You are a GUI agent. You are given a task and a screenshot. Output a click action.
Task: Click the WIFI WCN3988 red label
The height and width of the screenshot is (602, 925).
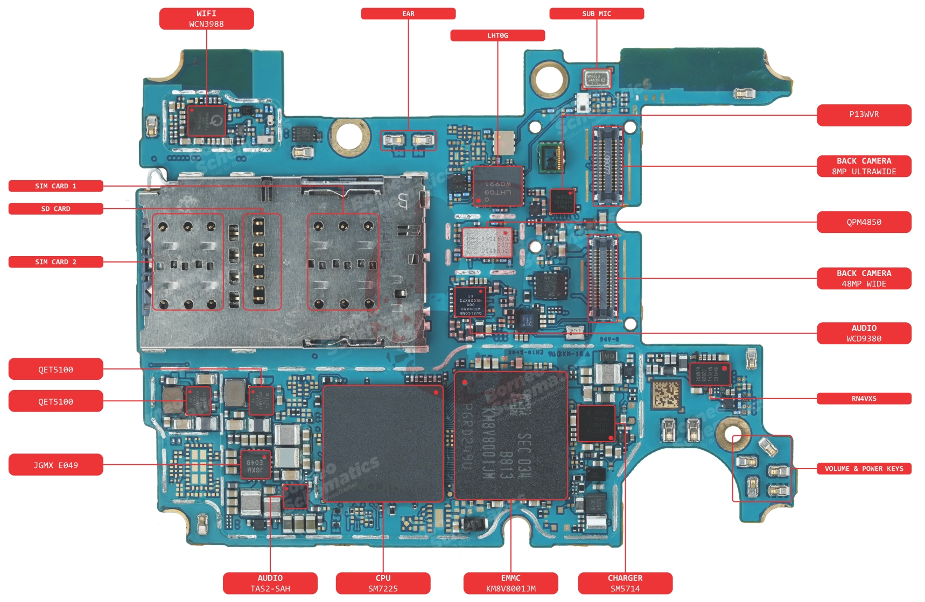(x=206, y=18)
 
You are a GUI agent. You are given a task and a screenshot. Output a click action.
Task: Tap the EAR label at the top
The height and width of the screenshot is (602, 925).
(x=408, y=13)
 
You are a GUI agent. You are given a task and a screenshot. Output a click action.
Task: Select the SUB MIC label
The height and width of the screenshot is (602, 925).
(x=596, y=13)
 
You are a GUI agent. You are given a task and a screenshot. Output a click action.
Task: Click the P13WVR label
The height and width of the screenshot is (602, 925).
(x=863, y=115)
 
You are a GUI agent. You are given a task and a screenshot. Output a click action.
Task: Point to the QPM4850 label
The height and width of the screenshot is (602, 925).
(x=863, y=222)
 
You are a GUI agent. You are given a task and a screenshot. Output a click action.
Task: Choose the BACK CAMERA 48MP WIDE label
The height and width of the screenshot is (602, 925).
(x=863, y=278)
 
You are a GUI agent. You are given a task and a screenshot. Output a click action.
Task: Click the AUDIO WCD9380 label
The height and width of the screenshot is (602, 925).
(x=863, y=333)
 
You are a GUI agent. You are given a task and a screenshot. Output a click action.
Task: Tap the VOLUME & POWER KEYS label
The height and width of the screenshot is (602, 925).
(x=863, y=469)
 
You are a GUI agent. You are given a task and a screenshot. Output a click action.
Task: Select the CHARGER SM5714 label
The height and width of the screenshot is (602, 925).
(x=625, y=583)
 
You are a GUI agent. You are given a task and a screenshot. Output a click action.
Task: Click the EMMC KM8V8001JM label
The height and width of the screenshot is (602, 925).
(x=510, y=583)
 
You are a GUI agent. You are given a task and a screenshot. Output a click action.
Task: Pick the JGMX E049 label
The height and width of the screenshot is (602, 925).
(x=55, y=465)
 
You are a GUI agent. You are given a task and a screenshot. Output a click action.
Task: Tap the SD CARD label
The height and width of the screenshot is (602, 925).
(x=55, y=209)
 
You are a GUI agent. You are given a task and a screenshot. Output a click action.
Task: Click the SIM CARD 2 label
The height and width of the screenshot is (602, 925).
(x=55, y=262)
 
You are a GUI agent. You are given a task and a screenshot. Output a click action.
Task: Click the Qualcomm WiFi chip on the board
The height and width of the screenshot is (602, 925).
(x=206, y=121)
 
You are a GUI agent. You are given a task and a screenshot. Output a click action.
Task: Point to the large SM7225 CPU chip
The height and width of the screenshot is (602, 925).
(x=383, y=443)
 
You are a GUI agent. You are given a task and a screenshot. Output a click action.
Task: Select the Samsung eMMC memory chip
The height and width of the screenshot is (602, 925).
(x=510, y=435)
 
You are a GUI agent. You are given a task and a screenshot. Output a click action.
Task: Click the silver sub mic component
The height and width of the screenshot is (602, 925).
(x=597, y=79)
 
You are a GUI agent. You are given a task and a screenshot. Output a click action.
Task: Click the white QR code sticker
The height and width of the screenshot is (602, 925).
(x=666, y=394)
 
